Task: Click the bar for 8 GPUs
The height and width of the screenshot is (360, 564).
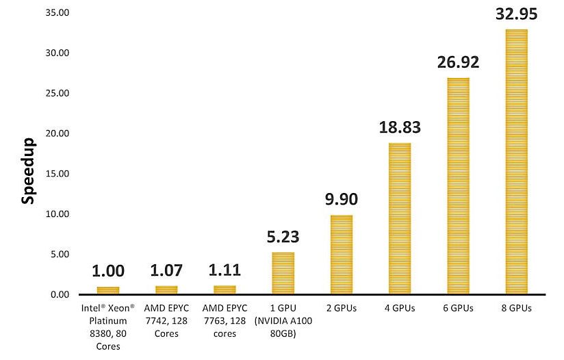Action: (516, 162)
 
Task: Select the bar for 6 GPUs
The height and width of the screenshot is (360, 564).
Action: (458, 186)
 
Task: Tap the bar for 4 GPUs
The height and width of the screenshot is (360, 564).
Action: (400, 218)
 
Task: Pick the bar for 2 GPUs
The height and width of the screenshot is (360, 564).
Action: (342, 255)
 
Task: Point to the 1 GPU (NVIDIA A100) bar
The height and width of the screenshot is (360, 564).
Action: (283, 273)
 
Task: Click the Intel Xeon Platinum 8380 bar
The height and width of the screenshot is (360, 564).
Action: (108, 290)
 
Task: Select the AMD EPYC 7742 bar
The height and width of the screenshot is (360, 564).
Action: (166, 290)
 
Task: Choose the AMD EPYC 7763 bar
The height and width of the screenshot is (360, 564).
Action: (225, 290)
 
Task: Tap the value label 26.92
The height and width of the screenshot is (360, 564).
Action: (458, 63)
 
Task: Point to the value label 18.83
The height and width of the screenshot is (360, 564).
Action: (400, 128)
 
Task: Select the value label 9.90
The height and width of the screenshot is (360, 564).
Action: (342, 200)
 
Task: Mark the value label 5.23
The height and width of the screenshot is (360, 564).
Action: (283, 237)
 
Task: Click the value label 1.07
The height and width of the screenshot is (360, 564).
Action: (166, 271)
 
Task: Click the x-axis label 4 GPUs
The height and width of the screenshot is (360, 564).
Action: (400, 309)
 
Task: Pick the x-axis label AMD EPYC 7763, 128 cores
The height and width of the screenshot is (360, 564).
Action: (225, 322)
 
